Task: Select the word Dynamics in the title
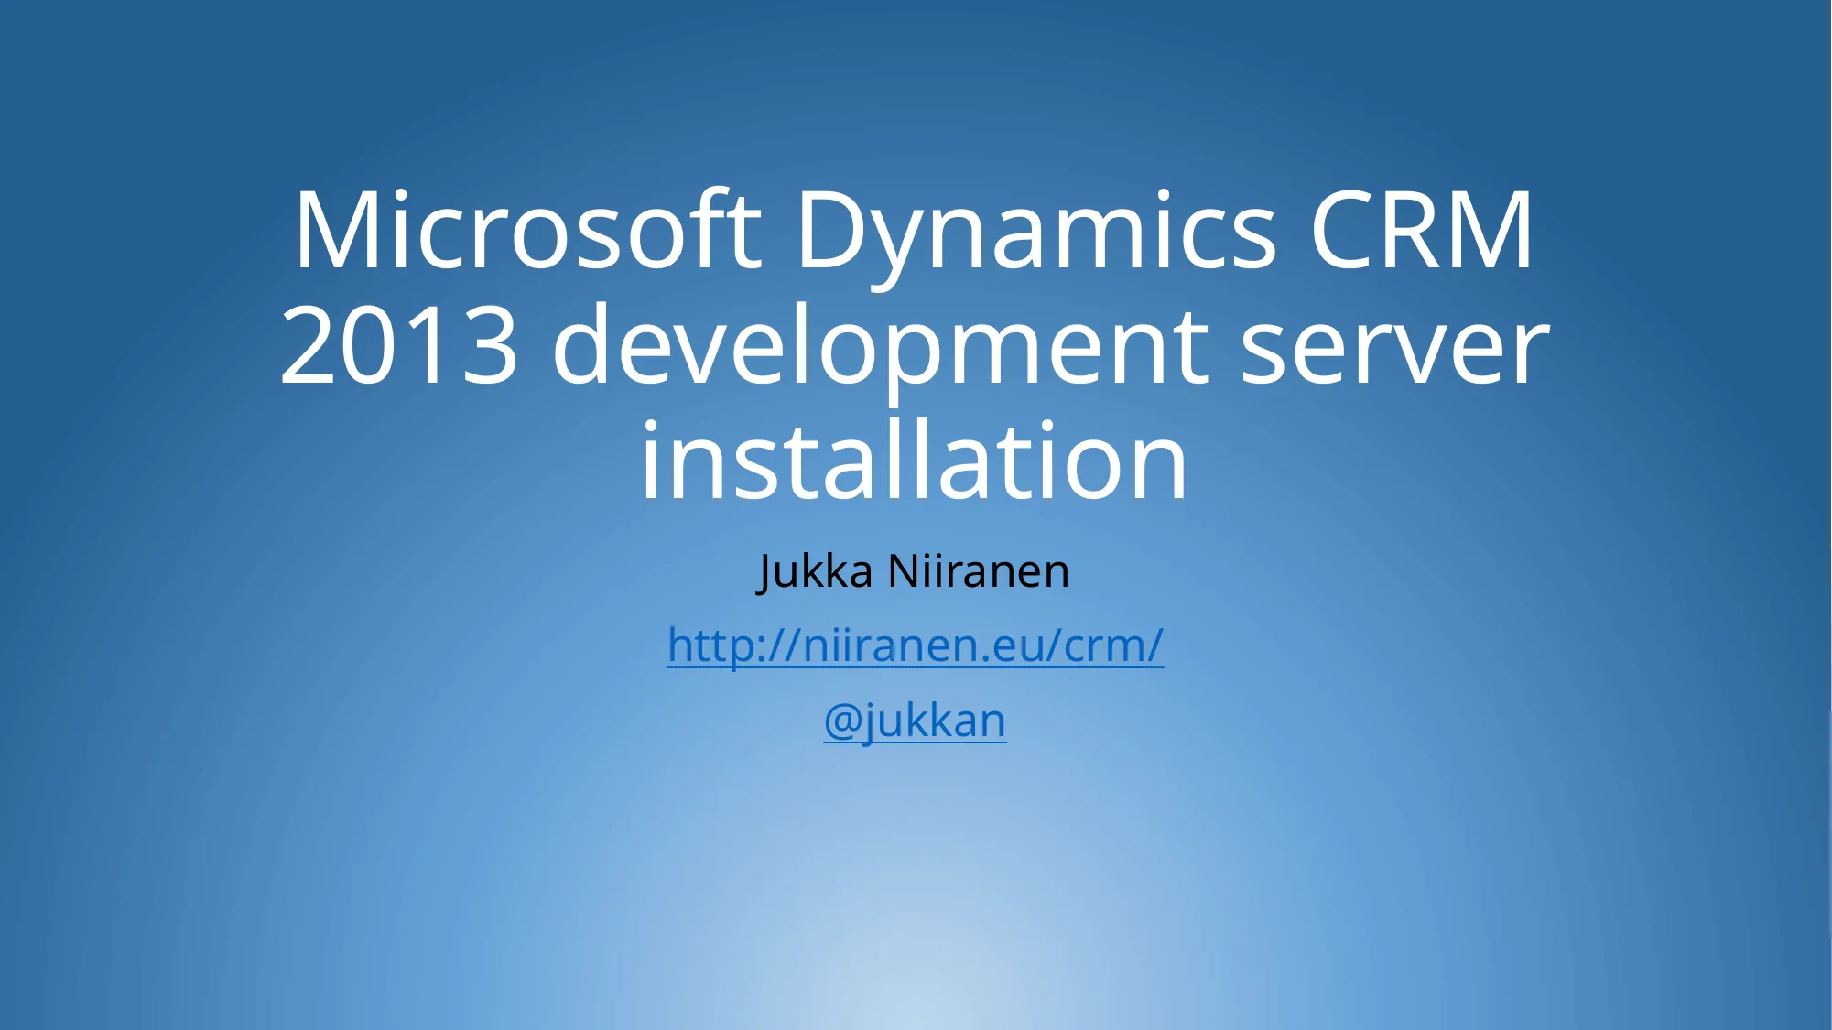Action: point(1036,236)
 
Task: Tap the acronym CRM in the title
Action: point(1421,230)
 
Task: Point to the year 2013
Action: point(399,345)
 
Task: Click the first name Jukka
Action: point(816,572)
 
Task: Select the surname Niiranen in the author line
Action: point(979,571)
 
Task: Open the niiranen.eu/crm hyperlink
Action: point(916,646)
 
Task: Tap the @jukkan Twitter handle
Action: point(915,721)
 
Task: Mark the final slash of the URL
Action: point(1154,645)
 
